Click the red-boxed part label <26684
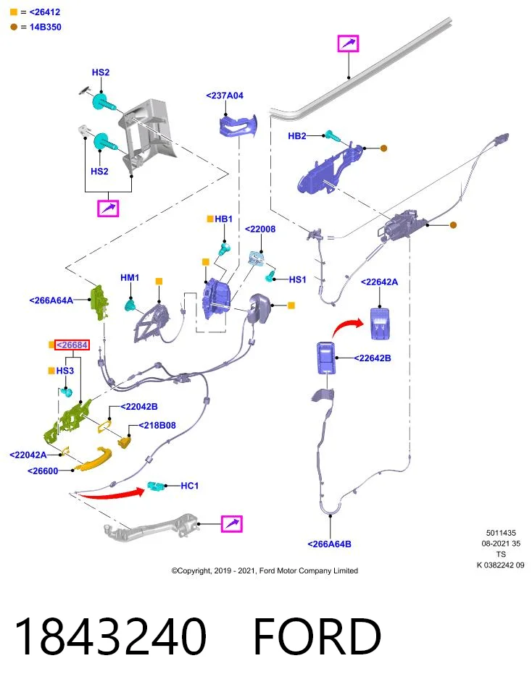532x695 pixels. pos(72,345)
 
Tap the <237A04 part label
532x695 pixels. pos(225,96)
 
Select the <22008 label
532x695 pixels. pos(260,229)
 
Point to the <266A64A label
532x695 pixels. pos(51,300)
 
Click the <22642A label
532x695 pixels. pos(379,282)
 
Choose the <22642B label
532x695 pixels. pos(373,358)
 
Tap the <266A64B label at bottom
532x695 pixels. pos(330,544)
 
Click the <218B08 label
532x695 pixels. pos(157,426)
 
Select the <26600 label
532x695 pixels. pos(43,471)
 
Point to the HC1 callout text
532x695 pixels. pos(189,486)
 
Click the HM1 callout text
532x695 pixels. pos(130,277)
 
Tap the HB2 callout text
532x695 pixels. pos(297,136)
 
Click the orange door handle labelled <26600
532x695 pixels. pos(93,459)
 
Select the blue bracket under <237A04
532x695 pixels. pos(238,125)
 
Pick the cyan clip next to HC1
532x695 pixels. pos(156,486)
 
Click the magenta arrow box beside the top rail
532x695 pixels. pos(349,43)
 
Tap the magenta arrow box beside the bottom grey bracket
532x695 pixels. pos(232,524)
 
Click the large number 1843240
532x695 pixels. pos(110,636)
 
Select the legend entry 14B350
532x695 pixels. pos(45,27)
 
